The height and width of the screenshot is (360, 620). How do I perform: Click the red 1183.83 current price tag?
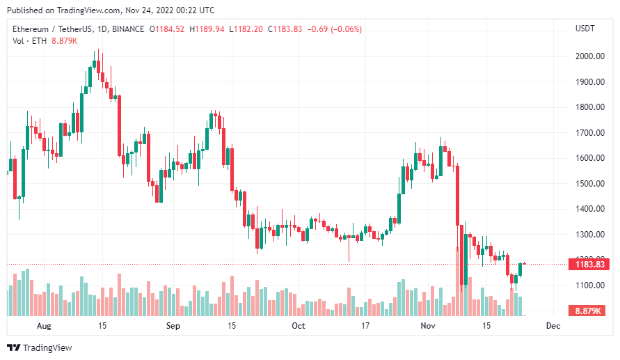[x=588, y=265]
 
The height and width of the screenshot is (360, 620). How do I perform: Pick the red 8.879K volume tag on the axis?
[x=588, y=311]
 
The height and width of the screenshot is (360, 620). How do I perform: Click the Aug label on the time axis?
[x=44, y=326]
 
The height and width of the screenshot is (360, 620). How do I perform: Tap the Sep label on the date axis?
[x=173, y=326]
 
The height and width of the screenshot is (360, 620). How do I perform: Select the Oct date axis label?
[x=298, y=326]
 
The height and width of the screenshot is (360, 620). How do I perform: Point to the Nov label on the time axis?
[x=428, y=326]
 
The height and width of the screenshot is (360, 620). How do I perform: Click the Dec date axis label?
[x=553, y=326]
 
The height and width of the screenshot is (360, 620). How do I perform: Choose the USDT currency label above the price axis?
[x=585, y=29]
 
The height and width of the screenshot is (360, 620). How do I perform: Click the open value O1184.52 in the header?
[x=167, y=29]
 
